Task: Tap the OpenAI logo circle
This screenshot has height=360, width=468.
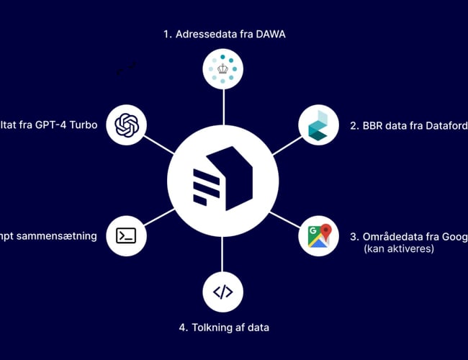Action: coord(127,124)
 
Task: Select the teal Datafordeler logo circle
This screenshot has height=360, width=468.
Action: coord(319,124)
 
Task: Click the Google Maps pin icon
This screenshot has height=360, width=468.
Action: coord(319,235)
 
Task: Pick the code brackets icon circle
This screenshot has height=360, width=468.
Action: coord(223,291)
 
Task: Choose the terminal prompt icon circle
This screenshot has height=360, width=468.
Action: coord(127,235)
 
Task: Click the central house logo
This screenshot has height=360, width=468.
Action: coord(223,180)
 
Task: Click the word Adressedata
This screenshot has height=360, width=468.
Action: coord(206,33)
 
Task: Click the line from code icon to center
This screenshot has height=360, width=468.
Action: coord(223,252)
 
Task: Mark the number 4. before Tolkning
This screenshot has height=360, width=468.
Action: coord(184,328)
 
